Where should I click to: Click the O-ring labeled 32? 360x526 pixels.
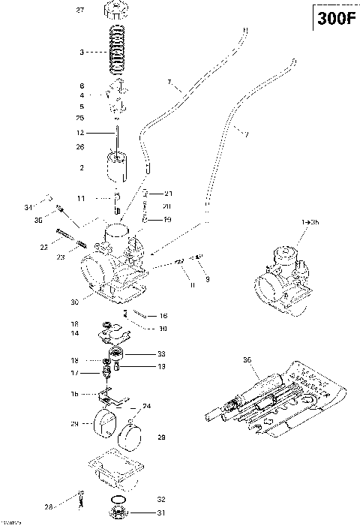pyautogui.click(x=118, y=499)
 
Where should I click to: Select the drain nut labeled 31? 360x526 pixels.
pyautogui.click(x=118, y=513)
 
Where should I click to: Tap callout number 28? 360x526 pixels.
pyautogui.click(x=49, y=506)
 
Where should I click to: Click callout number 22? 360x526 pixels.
pyautogui.click(x=44, y=246)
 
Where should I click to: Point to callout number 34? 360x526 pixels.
pyautogui.click(x=28, y=207)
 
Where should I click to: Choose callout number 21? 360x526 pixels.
pyautogui.click(x=168, y=194)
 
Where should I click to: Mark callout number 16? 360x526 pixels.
pyautogui.click(x=163, y=316)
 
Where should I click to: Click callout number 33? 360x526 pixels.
pyautogui.click(x=162, y=353)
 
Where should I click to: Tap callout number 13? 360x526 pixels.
pyautogui.click(x=162, y=366)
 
